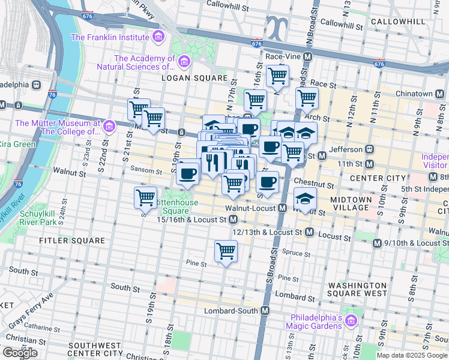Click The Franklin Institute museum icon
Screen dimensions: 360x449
pyautogui.click(x=158, y=37)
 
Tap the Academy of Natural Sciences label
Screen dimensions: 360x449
pyautogui.click(x=144, y=62)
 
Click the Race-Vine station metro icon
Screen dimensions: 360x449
pyautogui.click(x=307, y=57)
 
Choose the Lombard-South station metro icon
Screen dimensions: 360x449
pyautogui.click(x=264, y=311)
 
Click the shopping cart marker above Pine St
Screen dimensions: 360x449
pyautogui.click(x=226, y=251)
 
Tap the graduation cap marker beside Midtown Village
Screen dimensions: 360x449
pyautogui.click(x=305, y=199)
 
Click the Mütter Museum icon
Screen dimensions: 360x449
pyautogui.click(x=109, y=126)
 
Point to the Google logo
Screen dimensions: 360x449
pyautogui.click(x=20, y=353)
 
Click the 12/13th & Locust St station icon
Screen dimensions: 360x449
pyautogui.click(x=310, y=232)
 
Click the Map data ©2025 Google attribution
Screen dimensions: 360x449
pyautogui.click(x=412, y=355)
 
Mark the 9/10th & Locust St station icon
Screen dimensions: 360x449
pyautogui.click(x=377, y=243)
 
